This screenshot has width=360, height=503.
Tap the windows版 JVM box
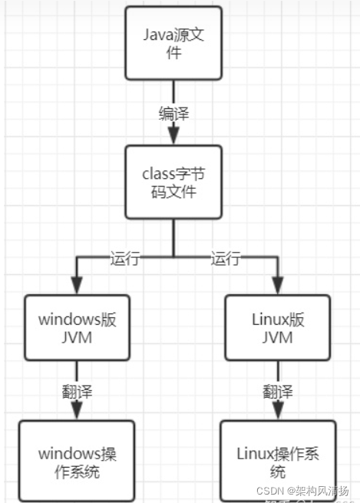[76, 326]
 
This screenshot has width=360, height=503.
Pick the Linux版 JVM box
[274, 326]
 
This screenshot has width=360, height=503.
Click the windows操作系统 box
[76, 460]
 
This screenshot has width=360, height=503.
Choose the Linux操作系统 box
[277, 460]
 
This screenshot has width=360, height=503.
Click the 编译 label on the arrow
[173, 113]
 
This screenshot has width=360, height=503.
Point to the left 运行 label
[124, 259]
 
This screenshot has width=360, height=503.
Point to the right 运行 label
[226, 259]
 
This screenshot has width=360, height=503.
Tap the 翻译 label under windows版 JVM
[76, 392]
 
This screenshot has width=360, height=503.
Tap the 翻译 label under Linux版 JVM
[276, 392]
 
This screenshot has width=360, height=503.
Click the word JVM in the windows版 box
[76, 336]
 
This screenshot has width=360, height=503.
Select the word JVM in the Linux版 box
[274, 336]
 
